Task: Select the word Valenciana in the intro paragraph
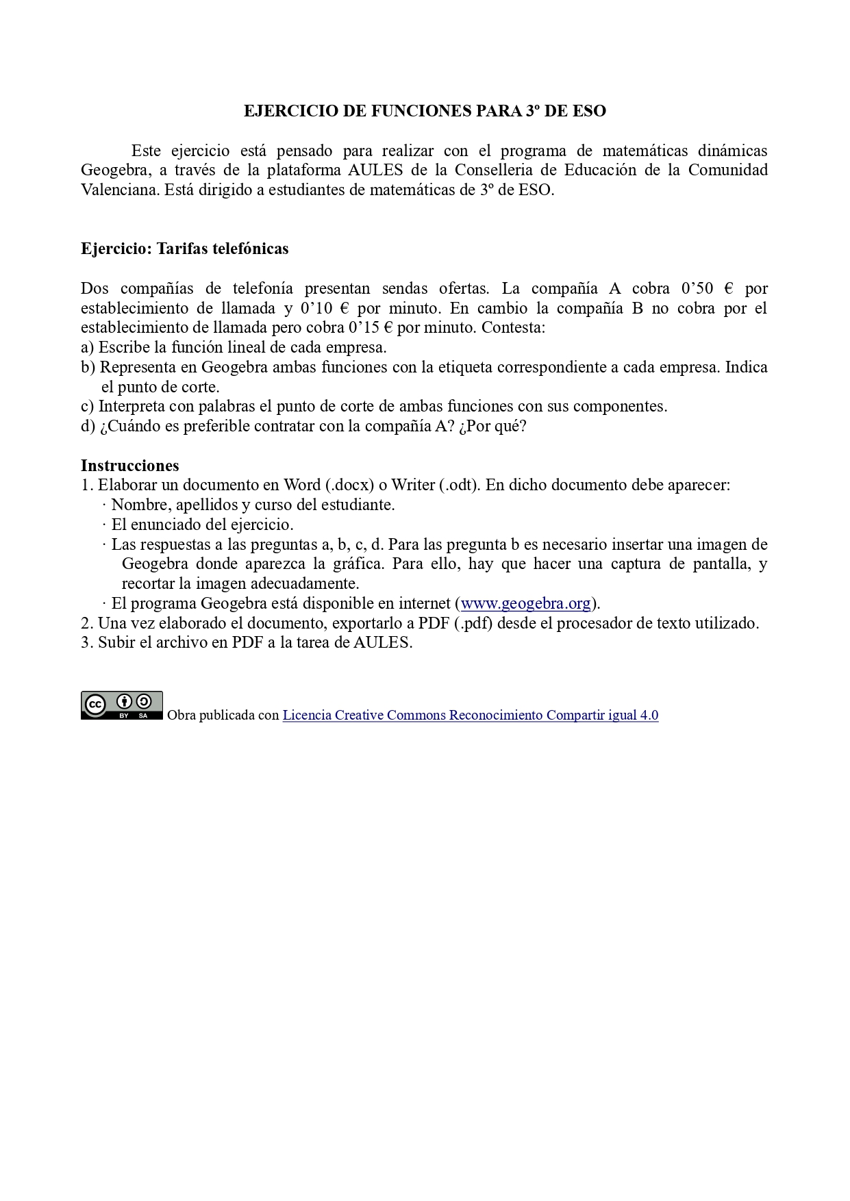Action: (x=120, y=190)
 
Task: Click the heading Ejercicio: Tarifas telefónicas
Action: (x=184, y=249)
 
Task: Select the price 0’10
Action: (x=316, y=308)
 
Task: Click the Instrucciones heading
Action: (x=129, y=466)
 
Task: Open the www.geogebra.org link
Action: (x=525, y=603)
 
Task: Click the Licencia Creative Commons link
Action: (x=470, y=715)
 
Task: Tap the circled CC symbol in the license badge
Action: (x=95, y=705)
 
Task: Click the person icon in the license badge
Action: (x=125, y=702)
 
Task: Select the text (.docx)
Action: (x=349, y=485)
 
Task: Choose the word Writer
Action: (x=413, y=485)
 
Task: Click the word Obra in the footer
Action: (x=182, y=715)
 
